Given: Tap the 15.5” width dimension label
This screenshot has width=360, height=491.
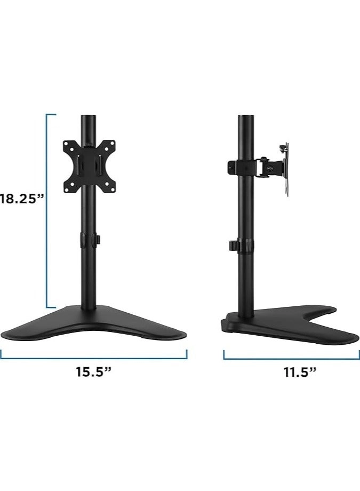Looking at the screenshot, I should [x=94, y=372].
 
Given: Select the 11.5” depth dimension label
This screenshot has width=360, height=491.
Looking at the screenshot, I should [x=300, y=372].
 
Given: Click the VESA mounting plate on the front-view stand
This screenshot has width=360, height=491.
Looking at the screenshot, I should [x=89, y=166].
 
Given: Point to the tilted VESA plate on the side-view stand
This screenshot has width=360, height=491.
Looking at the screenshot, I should [x=286, y=170].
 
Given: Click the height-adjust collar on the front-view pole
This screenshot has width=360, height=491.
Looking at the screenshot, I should [x=89, y=240].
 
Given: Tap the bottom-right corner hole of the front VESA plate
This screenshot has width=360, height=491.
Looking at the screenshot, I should [x=110, y=187].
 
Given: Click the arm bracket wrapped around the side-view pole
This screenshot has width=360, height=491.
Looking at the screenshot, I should [x=243, y=166].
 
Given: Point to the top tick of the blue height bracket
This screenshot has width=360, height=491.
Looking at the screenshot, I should [x=51, y=115].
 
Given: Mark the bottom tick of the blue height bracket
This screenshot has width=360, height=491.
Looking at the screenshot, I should [x=51, y=307].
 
